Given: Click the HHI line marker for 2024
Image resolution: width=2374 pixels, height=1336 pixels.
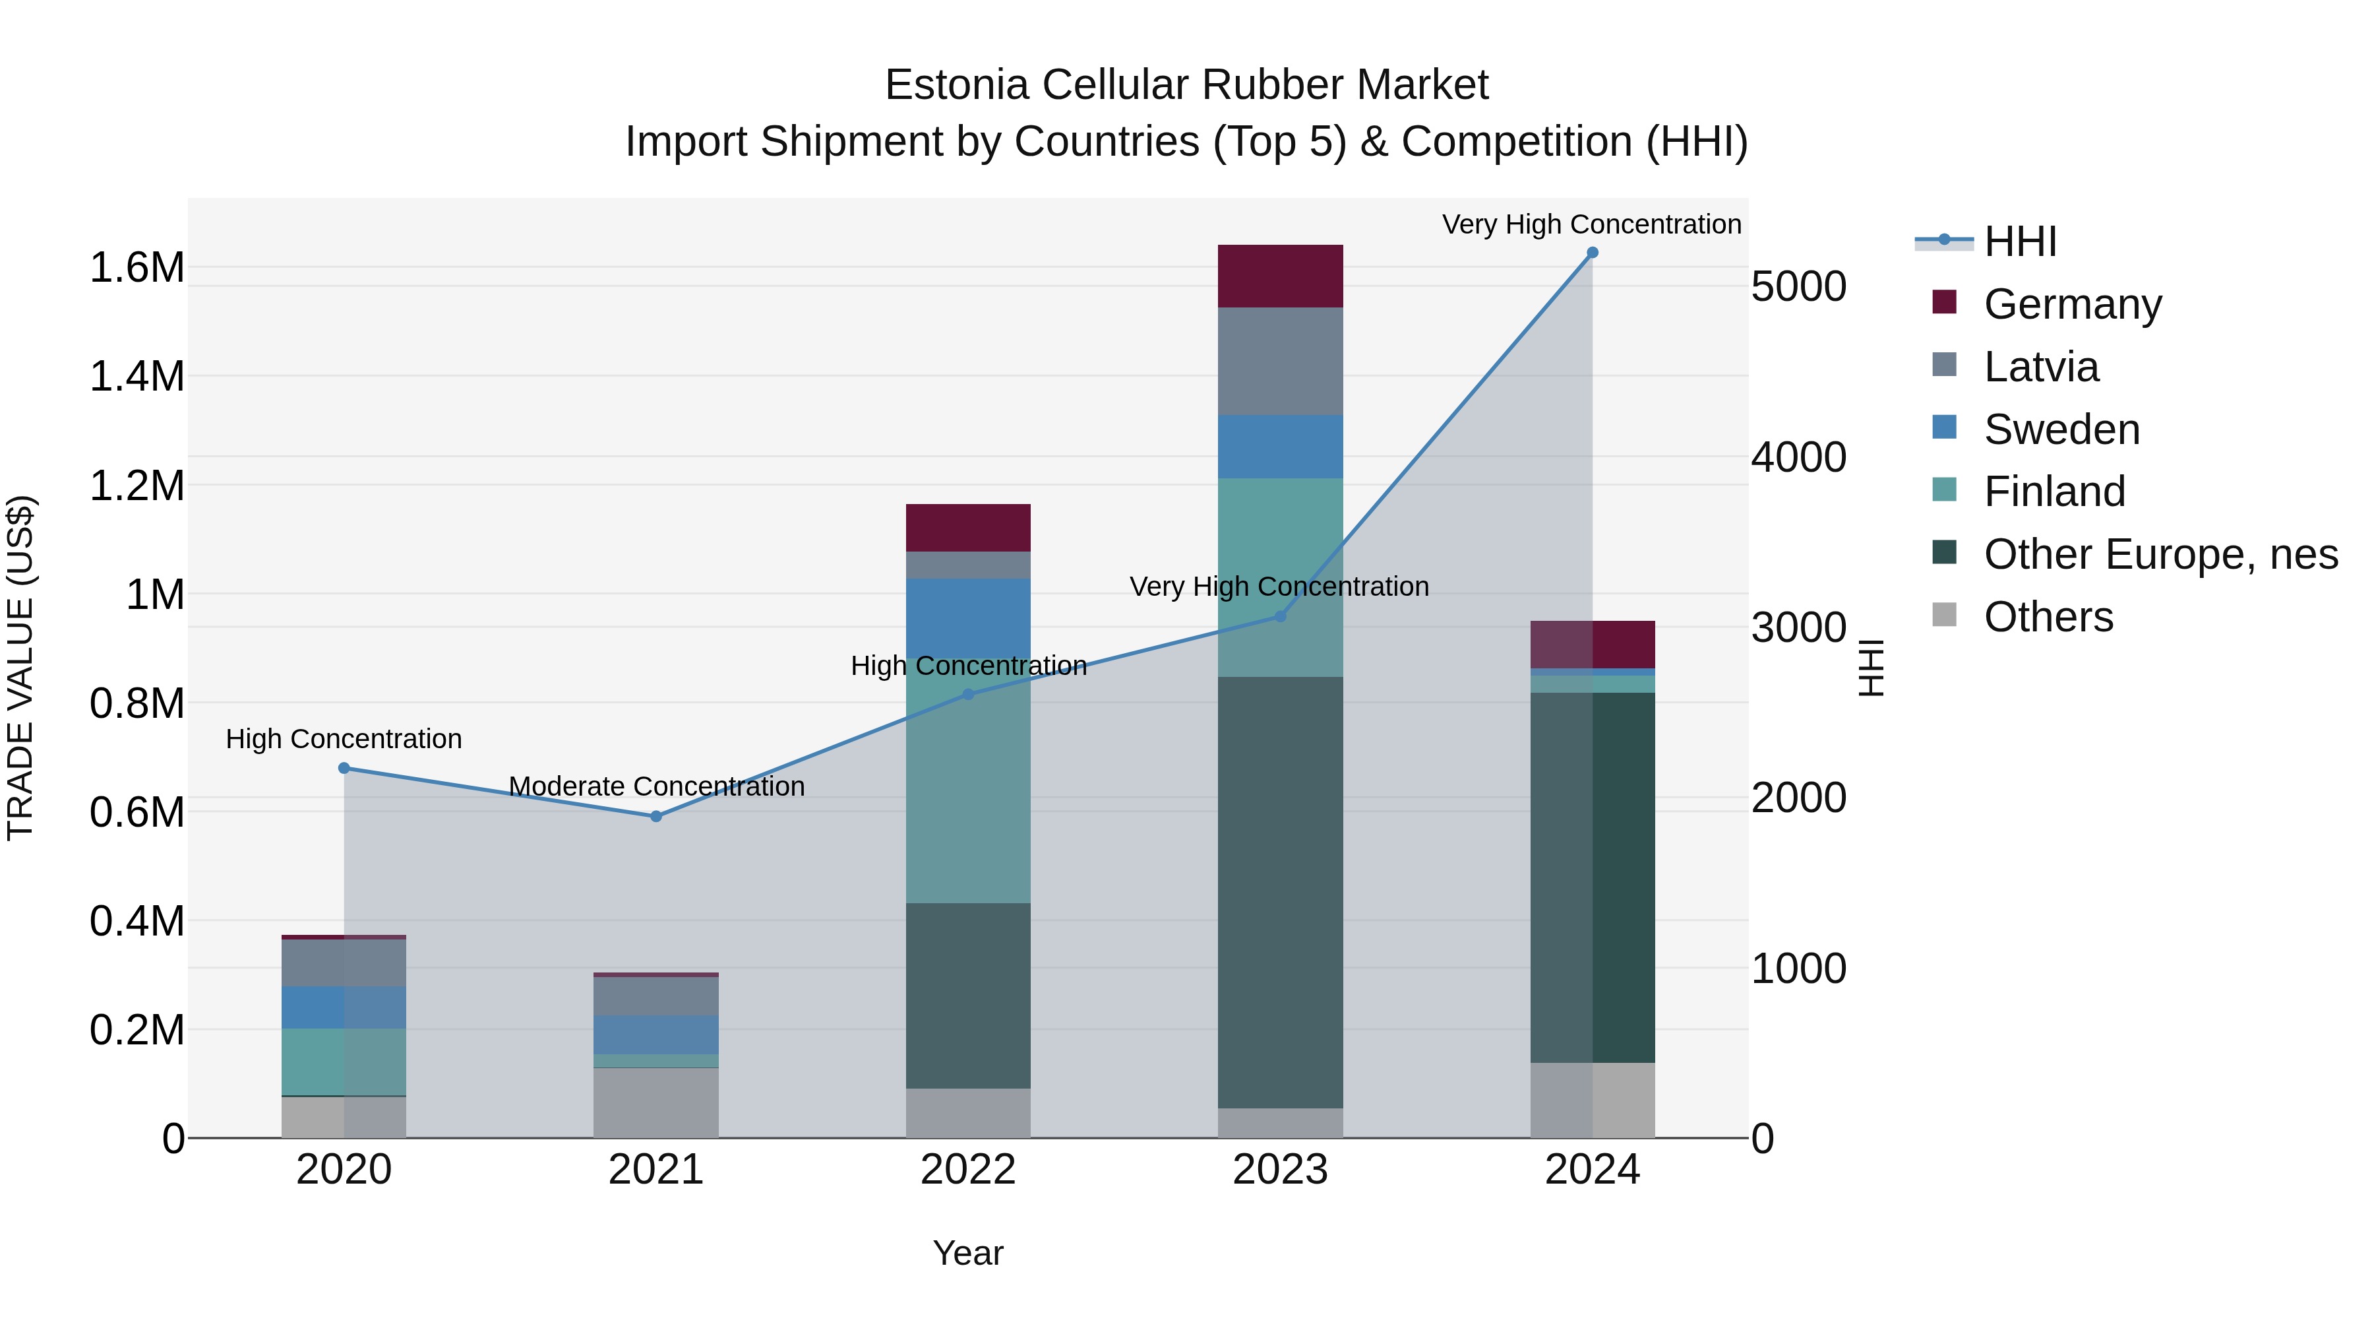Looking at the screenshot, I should (1592, 253).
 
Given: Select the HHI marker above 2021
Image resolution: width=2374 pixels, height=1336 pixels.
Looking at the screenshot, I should (656, 816).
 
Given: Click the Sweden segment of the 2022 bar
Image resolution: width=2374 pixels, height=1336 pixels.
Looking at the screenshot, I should (967, 618).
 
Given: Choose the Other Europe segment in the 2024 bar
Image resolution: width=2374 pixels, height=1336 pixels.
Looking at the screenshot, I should (1593, 876).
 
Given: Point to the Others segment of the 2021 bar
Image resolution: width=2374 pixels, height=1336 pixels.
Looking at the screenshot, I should (656, 1102).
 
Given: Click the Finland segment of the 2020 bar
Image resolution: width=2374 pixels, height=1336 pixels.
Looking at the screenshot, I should (344, 1062).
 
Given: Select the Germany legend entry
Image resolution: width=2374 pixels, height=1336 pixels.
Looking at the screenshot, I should (2072, 304).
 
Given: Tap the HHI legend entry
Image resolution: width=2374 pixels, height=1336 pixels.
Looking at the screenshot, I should (2019, 241).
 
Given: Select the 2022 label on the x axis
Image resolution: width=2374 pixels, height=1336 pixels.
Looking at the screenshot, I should (967, 1170).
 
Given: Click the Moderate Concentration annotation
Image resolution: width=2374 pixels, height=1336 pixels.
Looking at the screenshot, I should (656, 786).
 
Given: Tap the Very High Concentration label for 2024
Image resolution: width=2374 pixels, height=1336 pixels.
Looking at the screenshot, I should (1592, 224).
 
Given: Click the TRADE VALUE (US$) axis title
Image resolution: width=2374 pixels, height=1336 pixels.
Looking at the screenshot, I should (20, 668).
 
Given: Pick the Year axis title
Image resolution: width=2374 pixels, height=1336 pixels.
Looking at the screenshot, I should (967, 1253).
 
